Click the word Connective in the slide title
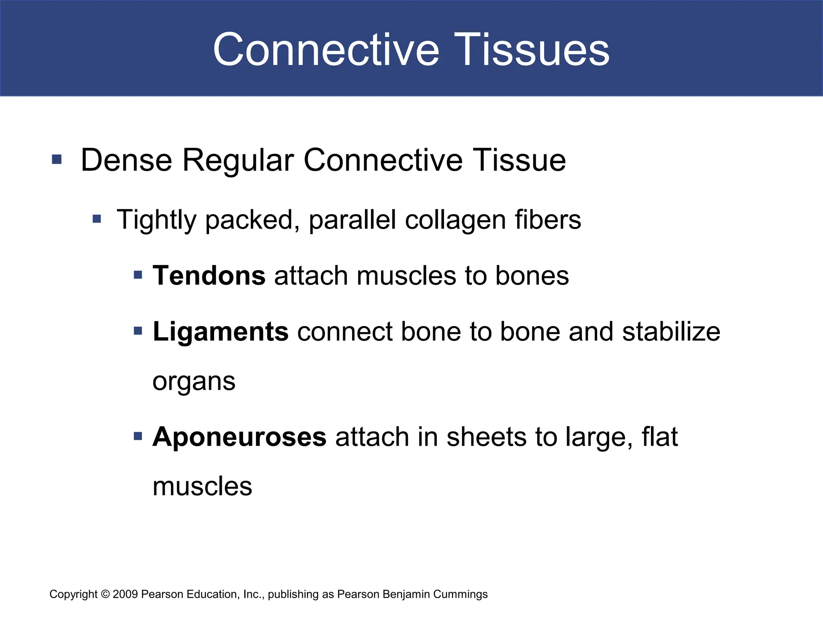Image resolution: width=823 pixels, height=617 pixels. (326, 50)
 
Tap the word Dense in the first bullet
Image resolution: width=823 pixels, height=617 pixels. (127, 160)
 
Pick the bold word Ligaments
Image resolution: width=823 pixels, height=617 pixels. (221, 332)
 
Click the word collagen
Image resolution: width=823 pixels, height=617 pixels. (455, 220)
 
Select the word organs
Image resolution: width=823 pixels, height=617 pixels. (194, 382)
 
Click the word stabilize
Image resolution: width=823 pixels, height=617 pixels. (671, 332)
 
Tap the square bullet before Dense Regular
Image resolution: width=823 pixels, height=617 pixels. (57, 159)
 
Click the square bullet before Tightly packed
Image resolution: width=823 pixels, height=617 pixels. (97, 219)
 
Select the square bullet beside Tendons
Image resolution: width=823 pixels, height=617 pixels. (138, 275)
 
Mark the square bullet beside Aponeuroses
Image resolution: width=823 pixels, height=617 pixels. (138, 436)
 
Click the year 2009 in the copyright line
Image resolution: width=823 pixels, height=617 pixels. (125, 594)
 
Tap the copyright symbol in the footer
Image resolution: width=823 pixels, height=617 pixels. (105, 594)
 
